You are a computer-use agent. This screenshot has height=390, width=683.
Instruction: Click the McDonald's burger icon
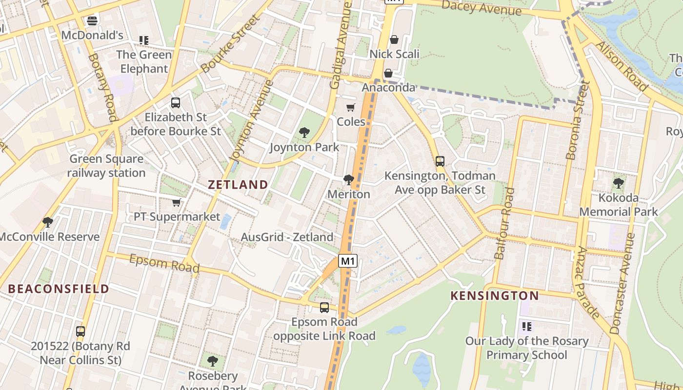tap(92, 20)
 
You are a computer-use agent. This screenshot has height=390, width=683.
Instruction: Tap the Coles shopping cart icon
tap(350, 107)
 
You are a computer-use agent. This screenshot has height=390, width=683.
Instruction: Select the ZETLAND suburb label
tap(238, 184)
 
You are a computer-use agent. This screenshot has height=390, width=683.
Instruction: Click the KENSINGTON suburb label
tap(494, 295)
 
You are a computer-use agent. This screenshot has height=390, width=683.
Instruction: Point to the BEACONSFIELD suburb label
tap(59, 289)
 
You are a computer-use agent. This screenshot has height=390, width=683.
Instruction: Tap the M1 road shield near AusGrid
tap(348, 261)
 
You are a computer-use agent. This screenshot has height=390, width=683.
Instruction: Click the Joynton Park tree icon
tap(304, 132)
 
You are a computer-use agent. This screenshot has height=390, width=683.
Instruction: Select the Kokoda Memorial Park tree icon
tap(618, 183)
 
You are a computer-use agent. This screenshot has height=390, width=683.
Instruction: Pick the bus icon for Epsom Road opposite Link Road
tap(324, 307)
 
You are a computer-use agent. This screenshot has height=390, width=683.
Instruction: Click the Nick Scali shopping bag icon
tap(394, 39)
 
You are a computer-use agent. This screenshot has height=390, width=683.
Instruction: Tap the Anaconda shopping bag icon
tap(388, 73)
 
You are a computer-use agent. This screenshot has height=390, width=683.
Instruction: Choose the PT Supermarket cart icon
tap(176, 202)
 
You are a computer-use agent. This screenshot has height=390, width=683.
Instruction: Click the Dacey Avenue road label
tap(482, 7)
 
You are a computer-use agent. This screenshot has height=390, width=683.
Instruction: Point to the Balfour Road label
tap(505, 223)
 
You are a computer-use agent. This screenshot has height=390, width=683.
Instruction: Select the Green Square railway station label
tap(106, 166)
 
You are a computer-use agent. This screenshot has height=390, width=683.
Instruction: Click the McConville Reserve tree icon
tap(47, 222)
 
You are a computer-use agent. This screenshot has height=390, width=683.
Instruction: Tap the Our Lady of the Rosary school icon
tap(526, 326)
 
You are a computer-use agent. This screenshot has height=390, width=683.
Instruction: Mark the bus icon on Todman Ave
tap(440, 161)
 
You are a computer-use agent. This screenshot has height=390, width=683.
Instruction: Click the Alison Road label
tap(622, 66)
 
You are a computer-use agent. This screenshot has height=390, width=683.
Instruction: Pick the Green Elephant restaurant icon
tap(143, 40)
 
